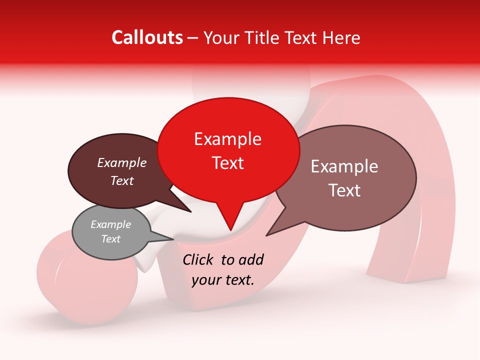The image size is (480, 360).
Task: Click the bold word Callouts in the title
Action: (147, 37)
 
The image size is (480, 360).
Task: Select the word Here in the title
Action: (341, 37)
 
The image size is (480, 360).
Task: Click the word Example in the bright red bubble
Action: (227, 139)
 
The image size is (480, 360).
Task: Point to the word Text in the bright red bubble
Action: (227, 162)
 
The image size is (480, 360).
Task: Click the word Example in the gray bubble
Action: (110, 224)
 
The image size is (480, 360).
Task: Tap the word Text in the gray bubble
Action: (110, 239)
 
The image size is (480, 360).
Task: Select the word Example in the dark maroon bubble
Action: (121, 163)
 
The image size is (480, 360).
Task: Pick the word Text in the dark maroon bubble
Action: (121, 180)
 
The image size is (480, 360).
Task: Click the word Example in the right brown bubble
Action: (344, 166)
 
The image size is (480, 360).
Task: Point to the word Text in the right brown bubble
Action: (344, 190)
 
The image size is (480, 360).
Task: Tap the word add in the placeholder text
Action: (251, 259)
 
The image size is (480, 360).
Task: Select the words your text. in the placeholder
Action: (222, 280)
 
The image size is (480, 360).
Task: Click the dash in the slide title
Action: (193, 37)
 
